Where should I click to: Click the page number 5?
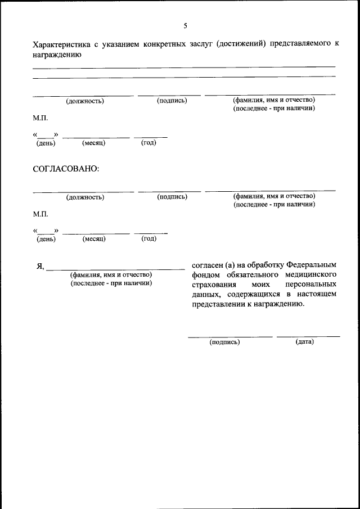click(185, 26)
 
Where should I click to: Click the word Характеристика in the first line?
click(59, 44)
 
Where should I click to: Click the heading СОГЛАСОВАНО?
click(66, 169)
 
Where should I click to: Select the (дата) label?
click(304, 341)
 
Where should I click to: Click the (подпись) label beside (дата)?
click(224, 341)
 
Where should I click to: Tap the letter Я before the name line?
click(40, 266)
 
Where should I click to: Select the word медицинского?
click(312, 274)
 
